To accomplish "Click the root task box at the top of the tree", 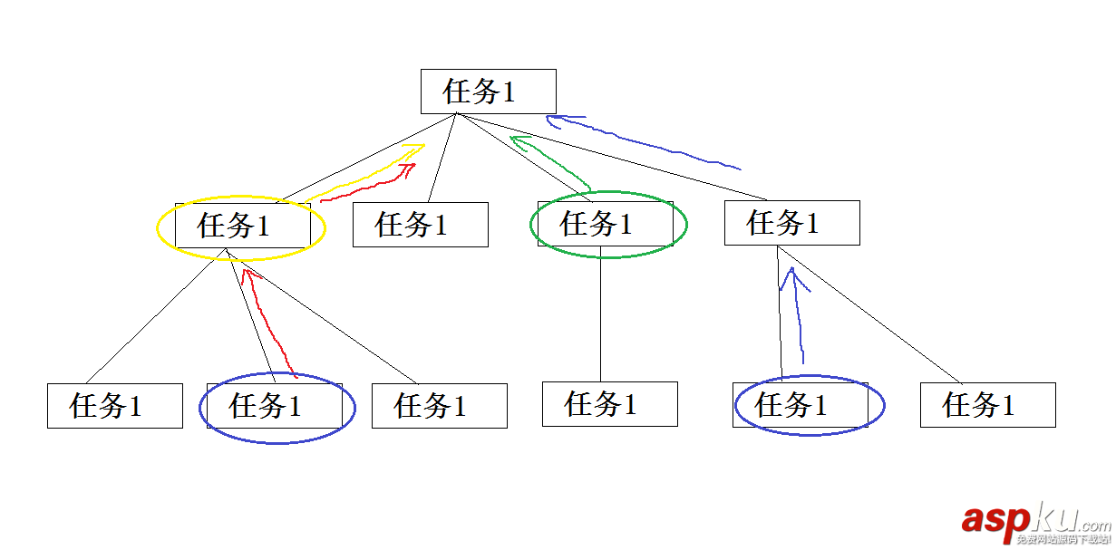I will coord(488,92).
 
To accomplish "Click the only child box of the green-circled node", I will coord(609,404).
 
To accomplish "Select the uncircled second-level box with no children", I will coord(420,225).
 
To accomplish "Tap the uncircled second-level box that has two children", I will coord(791,223).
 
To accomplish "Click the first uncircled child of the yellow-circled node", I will coord(115,406).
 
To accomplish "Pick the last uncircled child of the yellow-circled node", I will coord(439,406).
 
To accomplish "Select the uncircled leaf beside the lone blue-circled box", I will coord(987,405).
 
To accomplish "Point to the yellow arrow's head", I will coord(417,148).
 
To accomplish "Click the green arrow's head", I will coord(518,140).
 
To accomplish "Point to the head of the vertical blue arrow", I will coord(792,273).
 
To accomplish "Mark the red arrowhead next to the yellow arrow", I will coord(410,168).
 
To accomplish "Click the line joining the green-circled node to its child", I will coord(601,317).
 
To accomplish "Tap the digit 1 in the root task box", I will coord(509,92).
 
